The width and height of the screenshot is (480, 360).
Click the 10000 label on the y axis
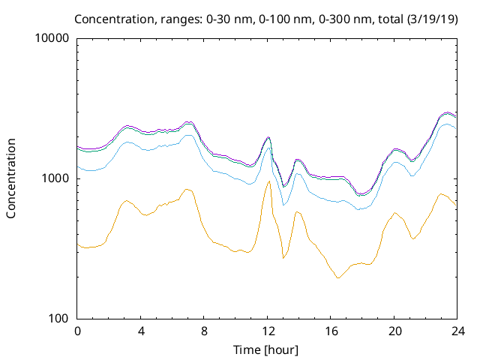pyautogui.click(x=52, y=38)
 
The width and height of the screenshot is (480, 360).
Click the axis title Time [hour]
pyautogui.click(x=267, y=349)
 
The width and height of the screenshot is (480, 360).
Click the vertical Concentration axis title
pyautogui.click(x=11, y=178)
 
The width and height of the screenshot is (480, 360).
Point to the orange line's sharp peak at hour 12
pyautogui.click(x=268, y=181)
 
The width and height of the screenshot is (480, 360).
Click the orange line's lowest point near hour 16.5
pyautogui.click(x=338, y=278)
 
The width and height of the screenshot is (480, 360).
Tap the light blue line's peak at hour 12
pyautogui.click(x=269, y=148)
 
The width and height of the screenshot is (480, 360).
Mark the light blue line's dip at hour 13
pyautogui.click(x=283, y=205)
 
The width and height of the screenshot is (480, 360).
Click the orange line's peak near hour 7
pyautogui.click(x=187, y=189)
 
